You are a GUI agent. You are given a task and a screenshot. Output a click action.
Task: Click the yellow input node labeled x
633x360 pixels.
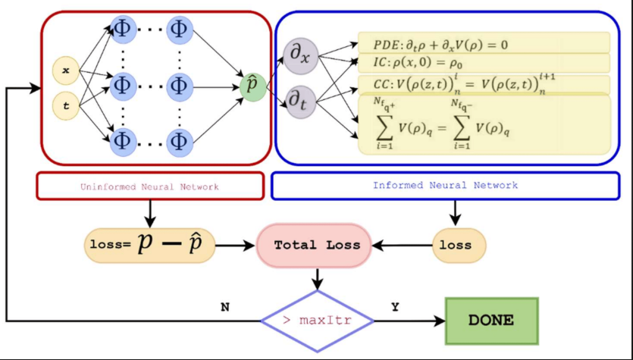coord(66,70)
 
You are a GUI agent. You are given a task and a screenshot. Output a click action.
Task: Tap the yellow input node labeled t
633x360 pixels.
coord(66,107)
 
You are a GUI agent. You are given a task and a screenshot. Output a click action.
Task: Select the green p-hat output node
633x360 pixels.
coord(252,86)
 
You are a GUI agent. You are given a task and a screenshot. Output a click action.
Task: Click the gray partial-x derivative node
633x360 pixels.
coord(301,57)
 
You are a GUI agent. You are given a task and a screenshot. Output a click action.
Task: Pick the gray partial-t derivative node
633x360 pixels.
coord(301,102)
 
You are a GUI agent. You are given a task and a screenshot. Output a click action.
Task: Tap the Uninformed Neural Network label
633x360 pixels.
coord(150,186)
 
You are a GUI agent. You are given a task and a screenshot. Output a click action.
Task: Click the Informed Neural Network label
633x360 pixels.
coord(446,185)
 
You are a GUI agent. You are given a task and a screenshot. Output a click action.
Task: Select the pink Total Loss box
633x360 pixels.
coord(317,246)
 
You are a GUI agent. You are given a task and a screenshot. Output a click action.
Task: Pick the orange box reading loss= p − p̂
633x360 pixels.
coord(149,245)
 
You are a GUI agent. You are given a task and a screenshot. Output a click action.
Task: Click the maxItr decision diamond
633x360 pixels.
coord(317,321)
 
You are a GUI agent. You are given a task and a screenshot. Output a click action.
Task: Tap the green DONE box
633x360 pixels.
coord(490,321)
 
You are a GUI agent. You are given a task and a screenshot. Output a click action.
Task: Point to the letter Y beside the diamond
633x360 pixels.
coord(395,307)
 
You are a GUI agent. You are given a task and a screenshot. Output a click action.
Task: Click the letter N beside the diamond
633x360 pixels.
coord(225,307)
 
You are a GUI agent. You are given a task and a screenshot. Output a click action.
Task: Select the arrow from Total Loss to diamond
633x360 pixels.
coord(318,279)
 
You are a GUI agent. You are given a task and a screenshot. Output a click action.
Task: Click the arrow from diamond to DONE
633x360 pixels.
coord(409,321)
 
